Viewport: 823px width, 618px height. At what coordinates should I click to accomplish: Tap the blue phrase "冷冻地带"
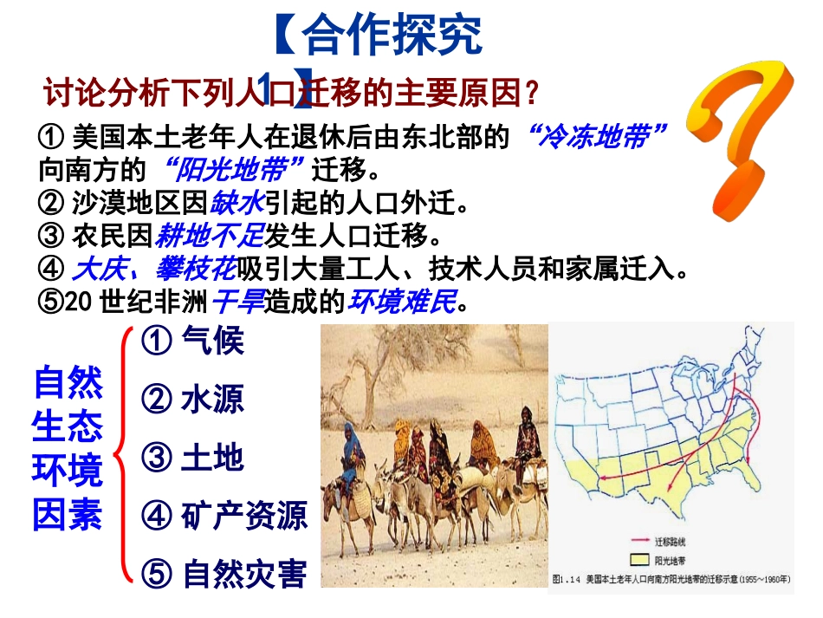597,136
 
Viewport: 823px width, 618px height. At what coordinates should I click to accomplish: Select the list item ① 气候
192,341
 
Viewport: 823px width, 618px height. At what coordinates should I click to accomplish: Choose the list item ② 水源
192,399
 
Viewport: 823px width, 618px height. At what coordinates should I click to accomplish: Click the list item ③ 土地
192,458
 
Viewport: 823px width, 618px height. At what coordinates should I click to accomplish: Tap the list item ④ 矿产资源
224,516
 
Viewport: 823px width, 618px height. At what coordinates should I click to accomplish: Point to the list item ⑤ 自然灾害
224,573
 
